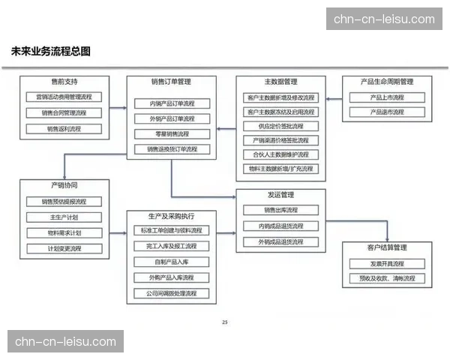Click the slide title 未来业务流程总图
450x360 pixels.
(51, 52)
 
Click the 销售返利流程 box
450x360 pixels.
(64, 129)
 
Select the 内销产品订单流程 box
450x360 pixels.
(172, 103)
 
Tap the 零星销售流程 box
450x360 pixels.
(172, 133)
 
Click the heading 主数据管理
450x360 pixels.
(280, 82)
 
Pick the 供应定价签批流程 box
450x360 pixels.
(280, 126)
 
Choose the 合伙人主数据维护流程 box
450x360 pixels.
(280, 154)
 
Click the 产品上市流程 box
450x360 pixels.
(387, 97)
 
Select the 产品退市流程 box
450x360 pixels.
(387, 112)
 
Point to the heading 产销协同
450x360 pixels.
(64, 185)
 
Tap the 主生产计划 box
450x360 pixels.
(64, 217)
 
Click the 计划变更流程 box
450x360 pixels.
(64, 248)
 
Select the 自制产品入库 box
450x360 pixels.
(172, 262)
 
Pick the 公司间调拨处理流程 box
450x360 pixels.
(172, 293)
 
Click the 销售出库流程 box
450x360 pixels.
(280, 210)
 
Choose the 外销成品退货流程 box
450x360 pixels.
(280, 241)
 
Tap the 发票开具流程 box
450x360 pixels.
(387, 264)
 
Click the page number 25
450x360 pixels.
(225, 322)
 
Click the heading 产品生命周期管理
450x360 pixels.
(387, 82)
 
